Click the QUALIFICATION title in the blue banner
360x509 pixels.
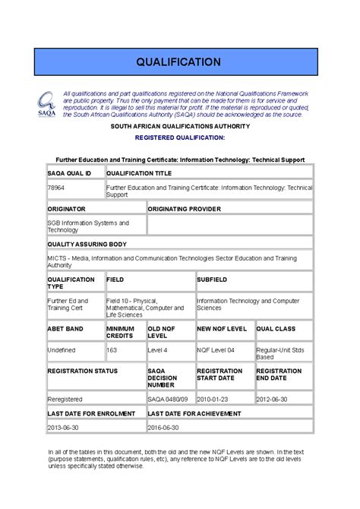179,62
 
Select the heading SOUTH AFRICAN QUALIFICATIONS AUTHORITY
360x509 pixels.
180,126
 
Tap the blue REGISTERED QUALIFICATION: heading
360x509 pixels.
180,138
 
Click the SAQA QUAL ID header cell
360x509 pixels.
70,173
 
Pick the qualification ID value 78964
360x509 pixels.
56,186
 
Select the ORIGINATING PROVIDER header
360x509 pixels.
185,208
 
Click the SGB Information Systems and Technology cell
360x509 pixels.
88,226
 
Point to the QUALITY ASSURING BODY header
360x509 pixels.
87,245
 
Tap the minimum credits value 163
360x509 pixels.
112,350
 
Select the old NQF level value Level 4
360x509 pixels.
157,350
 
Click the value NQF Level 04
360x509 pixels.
216,350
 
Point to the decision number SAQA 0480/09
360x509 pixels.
167,398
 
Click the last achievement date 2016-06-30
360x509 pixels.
163,428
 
